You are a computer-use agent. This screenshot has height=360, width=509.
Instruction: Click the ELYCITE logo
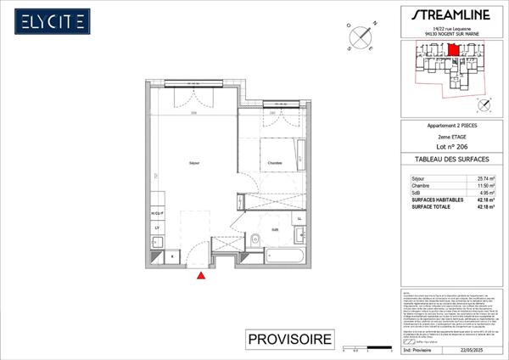[x=53, y=20]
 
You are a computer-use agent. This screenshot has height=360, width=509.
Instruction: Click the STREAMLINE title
[x=449, y=14]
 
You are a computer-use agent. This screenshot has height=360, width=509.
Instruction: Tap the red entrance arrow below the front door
[x=201, y=275]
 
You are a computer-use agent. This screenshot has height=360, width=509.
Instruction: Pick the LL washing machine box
[x=299, y=218]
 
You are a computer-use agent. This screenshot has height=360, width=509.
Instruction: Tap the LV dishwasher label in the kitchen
[x=157, y=228]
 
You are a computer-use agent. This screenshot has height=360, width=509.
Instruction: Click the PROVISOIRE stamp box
[x=289, y=340]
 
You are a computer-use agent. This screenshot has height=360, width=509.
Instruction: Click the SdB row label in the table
[x=416, y=194]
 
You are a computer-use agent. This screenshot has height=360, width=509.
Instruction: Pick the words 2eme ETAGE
[x=449, y=136]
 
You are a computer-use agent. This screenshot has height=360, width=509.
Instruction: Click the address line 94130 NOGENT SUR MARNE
[x=449, y=34]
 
